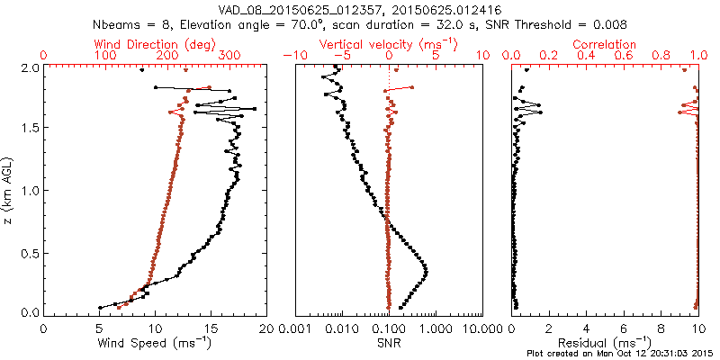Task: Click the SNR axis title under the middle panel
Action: pyautogui.click(x=389, y=342)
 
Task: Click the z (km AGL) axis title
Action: pyautogui.click(x=10, y=189)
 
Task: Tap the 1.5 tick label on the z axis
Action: pyautogui.click(x=30, y=129)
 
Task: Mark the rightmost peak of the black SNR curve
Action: pyautogui.click(x=426, y=271)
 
